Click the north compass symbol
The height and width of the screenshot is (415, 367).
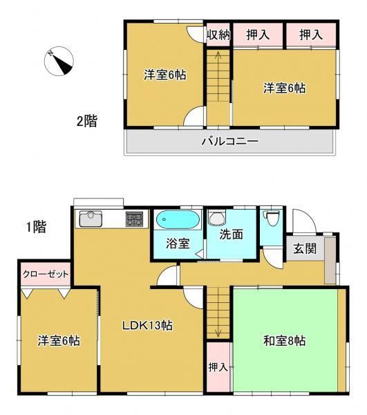(x=59, y=61)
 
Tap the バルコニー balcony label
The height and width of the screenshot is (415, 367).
(x=229, y=141)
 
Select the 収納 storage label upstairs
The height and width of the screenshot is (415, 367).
(x=218, y=35)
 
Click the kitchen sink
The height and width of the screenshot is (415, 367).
(x=91, y=219)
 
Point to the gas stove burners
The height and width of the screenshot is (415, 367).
(x=134, y=219)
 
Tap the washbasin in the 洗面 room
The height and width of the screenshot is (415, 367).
(x=217, y=218)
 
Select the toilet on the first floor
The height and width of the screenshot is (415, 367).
(x=272, y=218)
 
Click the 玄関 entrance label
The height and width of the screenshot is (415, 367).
(x=305, y=248)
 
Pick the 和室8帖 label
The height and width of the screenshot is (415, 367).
(x=285, y=341)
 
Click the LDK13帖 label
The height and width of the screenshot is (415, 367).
(x=147, y=325)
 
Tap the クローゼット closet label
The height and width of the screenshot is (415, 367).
(x=46, y=274)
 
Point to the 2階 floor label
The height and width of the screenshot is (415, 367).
(x=87, y=121)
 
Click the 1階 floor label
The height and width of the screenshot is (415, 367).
(x=36, y=227)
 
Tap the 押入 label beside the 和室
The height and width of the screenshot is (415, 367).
(x=218, y=367)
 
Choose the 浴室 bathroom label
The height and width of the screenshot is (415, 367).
(x=178, y=243)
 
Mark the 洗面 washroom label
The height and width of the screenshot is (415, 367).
(x=231, y=234)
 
